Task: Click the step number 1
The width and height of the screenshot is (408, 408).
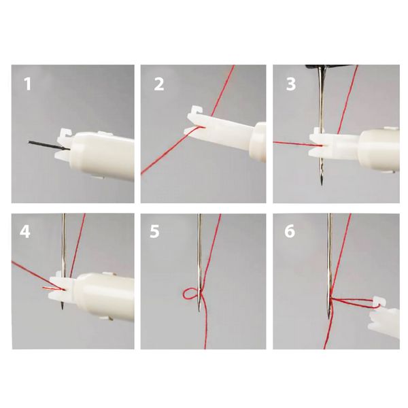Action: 27,84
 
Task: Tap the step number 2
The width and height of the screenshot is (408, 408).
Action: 158,84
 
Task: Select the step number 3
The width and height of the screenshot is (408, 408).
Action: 290,84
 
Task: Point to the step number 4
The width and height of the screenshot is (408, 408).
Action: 25,231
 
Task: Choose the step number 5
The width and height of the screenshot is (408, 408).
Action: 154,231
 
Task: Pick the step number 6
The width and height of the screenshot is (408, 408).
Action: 290,231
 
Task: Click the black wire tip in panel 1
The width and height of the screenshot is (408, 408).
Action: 29,142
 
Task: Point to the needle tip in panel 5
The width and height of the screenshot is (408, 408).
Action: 199,311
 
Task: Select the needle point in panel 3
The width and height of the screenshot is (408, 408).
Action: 322,184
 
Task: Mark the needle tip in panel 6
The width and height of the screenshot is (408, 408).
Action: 329,318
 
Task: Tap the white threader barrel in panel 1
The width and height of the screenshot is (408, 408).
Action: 102,157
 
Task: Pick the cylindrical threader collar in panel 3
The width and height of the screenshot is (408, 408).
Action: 379,150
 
